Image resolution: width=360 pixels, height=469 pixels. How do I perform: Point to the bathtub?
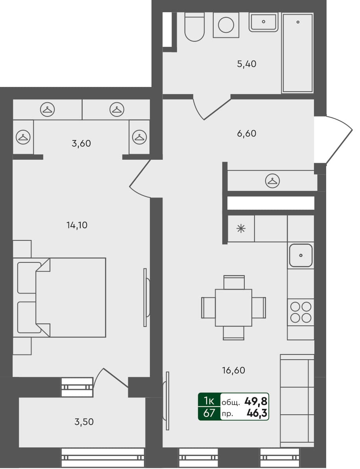click(x=297, y=53)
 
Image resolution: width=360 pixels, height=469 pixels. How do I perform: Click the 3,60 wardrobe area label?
click(x=81, y=144)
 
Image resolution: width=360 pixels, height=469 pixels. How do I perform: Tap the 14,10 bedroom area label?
click(x=77, y=225)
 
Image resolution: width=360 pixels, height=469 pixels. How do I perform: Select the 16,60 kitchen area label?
click(x=234, y=370)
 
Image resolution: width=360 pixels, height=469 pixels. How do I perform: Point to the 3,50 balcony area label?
click(x=84, y=422)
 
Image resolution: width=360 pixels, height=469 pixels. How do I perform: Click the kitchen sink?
click(x=301, y=255)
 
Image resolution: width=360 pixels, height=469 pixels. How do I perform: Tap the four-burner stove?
click(x=301, y=312)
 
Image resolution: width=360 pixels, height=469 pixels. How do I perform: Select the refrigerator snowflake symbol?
click(x=241, y=229)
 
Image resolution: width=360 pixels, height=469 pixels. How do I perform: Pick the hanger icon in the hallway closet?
click(x=272, y=181)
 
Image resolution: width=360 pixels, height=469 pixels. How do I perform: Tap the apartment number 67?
click(x=209, y=413)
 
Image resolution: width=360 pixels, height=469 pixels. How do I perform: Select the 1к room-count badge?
click(x=209, y=401)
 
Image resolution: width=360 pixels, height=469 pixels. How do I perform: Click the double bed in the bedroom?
click(x=71, y=297)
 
